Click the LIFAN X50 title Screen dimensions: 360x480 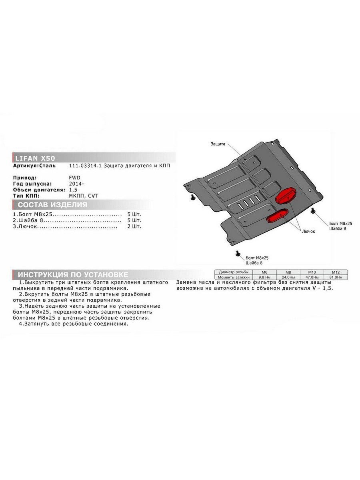point(35,158)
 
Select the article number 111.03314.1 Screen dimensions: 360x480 point(86,166)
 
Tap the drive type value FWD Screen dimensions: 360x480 point(74,178)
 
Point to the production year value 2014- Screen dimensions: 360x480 point(76,184)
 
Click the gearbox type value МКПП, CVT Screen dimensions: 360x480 point(83,196)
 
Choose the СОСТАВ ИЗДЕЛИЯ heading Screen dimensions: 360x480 point(52,205)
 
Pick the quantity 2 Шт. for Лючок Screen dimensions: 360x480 point(134,226)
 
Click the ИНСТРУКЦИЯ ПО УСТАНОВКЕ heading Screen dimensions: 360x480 point(73,275)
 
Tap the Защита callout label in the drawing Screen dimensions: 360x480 point(218,144)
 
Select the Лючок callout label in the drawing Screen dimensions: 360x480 point(308,231)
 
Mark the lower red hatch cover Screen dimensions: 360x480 point(277,216)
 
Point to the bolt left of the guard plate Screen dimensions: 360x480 point(193,197)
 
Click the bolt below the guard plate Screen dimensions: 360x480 point(238,254)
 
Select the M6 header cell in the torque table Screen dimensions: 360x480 point(264,272)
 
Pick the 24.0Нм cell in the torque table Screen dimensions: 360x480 point(288,277)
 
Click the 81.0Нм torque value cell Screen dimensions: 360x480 point(336,277)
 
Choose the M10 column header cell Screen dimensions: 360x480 point(312,272)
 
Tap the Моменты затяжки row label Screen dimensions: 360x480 point(234,277)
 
